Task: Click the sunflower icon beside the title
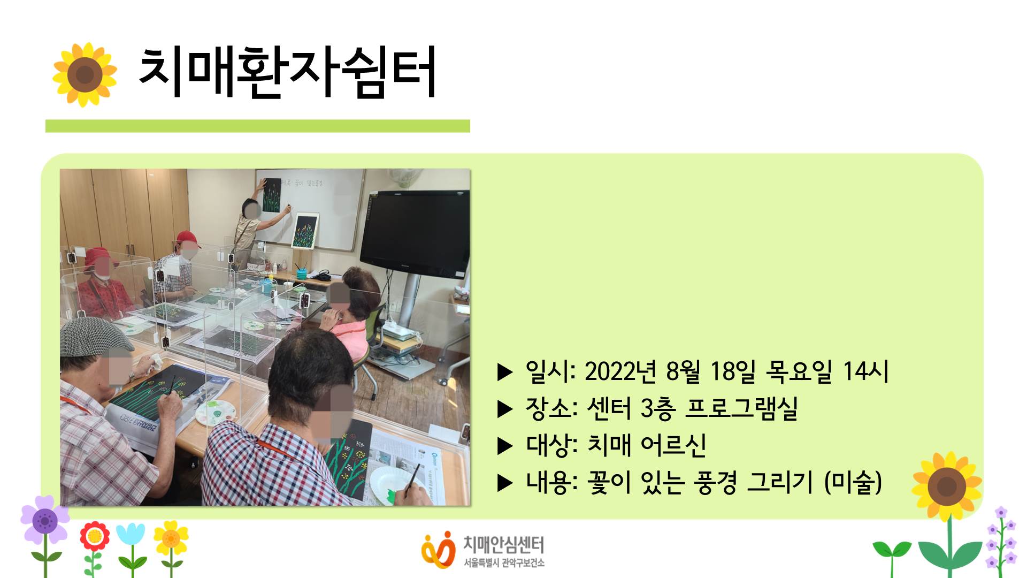point(85,74)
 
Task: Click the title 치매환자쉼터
point(287,72)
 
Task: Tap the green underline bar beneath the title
point(257,126)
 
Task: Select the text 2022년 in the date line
point(620,371)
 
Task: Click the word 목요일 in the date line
point(799,371)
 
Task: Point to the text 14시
point(865,371)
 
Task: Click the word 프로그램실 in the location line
point(741,408)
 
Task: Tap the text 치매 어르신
point(647,445)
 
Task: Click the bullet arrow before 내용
point(505,483)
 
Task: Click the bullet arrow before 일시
point(505,371)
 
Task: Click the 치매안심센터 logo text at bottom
point(503,545)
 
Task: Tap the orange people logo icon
point(438,550)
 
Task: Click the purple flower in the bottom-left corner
point(45,520)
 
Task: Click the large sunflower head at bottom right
point(947,486)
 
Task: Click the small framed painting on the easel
point(305,231)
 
